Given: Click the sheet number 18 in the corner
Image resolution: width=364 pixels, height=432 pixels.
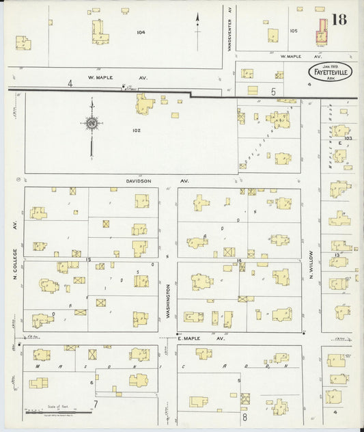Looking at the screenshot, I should click(x=339, y=18).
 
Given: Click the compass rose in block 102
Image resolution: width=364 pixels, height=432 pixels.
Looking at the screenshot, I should click(x=92, y=124).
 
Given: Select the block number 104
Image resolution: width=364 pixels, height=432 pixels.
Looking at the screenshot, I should click(x=141, y=32).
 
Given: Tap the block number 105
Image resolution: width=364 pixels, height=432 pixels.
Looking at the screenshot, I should click(x=294, y=31).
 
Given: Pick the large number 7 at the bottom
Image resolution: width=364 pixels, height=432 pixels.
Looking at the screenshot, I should click(x=96, y=403).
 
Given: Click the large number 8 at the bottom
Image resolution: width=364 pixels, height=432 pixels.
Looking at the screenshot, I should click(x=244, y=416).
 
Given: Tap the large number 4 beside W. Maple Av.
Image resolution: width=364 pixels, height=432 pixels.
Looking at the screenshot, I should click(x=69, y=83).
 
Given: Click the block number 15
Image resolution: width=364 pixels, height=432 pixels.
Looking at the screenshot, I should click(x=89, y=260).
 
